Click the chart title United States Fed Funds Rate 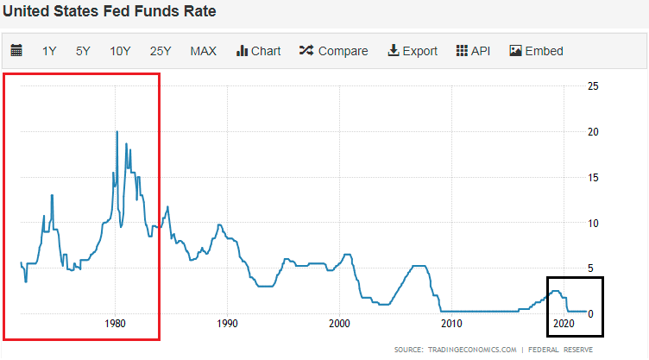[110, 13]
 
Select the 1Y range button [49, 51]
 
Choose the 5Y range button [83, 51]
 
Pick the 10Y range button [120, 51]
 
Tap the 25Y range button [161, 51]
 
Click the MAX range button [204, 51]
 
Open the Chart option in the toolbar [258, 51]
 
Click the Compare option [333, 51]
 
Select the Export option [413, 51]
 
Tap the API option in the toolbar [473, 51]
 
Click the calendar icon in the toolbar [16, 51]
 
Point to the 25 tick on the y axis [594, 86]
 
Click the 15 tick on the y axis [594, 177]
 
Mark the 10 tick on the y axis [594, 223]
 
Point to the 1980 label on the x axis [116, 324]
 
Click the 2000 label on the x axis [339, 324]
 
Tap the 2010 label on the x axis [451, 324]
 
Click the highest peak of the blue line [117, 131]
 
